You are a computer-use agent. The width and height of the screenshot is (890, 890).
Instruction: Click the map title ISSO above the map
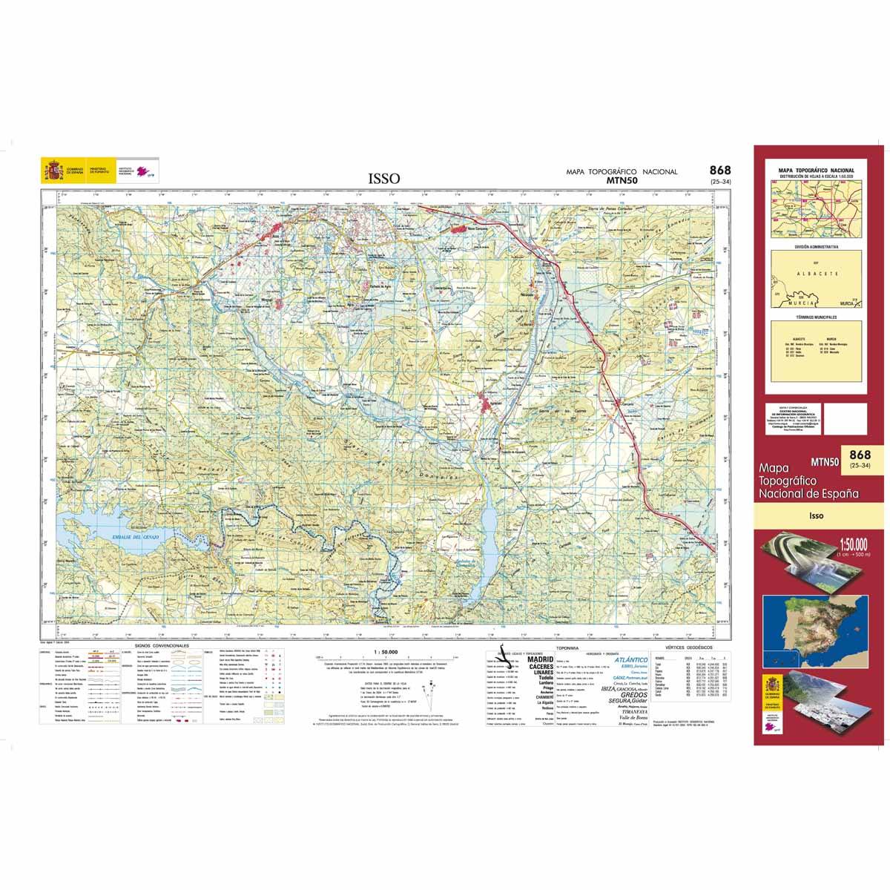tap(383, 179)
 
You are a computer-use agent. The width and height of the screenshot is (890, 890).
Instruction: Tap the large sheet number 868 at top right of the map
tap(719, 171)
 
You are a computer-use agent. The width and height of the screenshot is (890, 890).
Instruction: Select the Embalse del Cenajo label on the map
tap(129, 535)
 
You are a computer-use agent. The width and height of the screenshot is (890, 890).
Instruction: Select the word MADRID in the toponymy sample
tap(540, 659)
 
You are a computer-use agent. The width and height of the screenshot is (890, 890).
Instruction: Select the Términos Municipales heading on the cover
tap(816, 317)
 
